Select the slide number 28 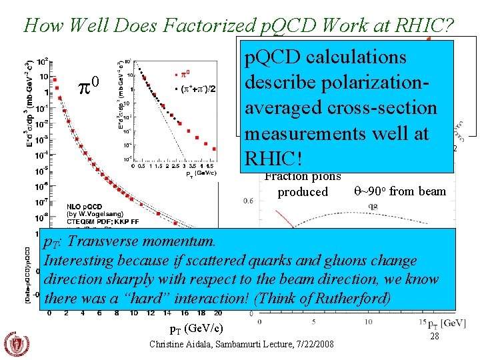(x=435, y=337)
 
